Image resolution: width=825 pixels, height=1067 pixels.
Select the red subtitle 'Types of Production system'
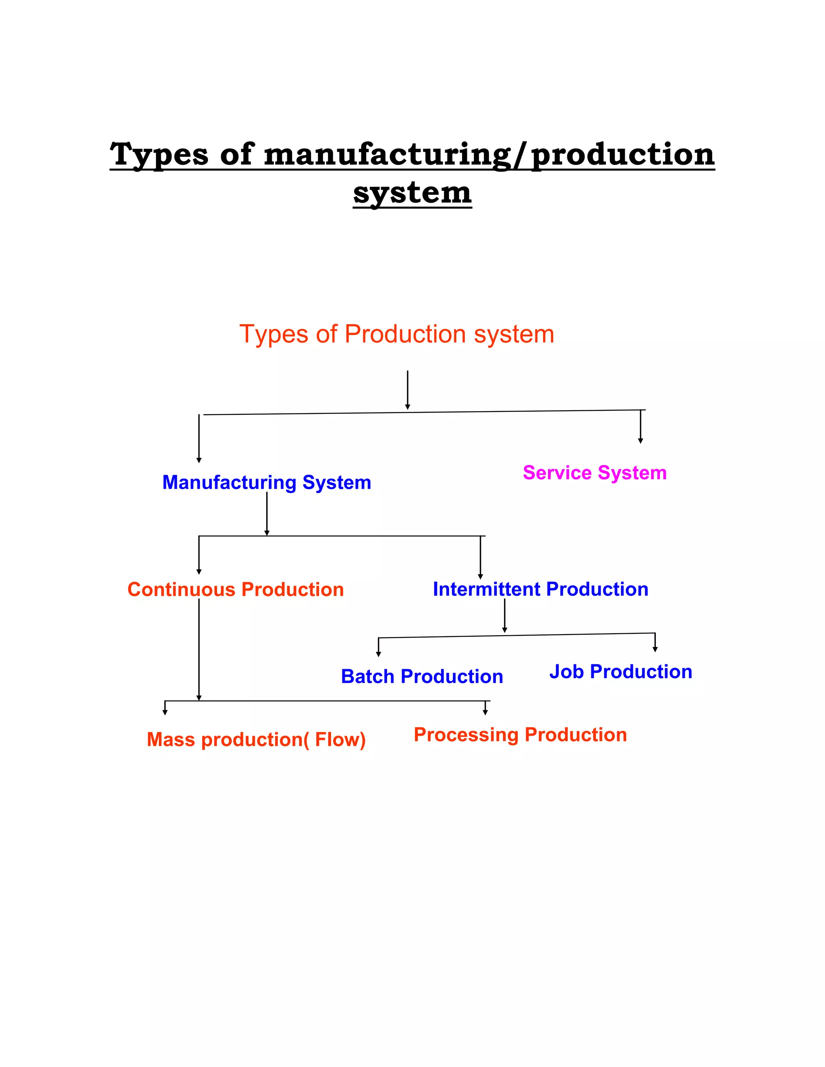(x=396, y=334)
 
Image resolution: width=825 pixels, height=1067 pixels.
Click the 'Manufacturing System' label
(x=266, y=482)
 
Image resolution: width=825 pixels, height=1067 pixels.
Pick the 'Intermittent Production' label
(x=541, y=589)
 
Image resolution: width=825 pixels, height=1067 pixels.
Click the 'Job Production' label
(x=621, y=671)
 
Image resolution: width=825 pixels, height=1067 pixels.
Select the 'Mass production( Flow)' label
(x=256, y=739)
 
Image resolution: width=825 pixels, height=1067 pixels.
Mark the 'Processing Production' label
(x=520, y=734)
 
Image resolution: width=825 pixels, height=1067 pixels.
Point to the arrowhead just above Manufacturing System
(x=199, y=460)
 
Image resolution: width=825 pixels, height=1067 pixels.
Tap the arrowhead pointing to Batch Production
(x=378, y=654)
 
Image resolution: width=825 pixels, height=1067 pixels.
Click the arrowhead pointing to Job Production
(x=655, y=649)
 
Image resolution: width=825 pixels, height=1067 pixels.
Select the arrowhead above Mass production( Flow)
(x=165, y=712)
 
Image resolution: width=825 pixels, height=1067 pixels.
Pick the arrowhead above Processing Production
(x=485, y=712)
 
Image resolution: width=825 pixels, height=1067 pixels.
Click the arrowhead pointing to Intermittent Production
(x=481, y=577)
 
